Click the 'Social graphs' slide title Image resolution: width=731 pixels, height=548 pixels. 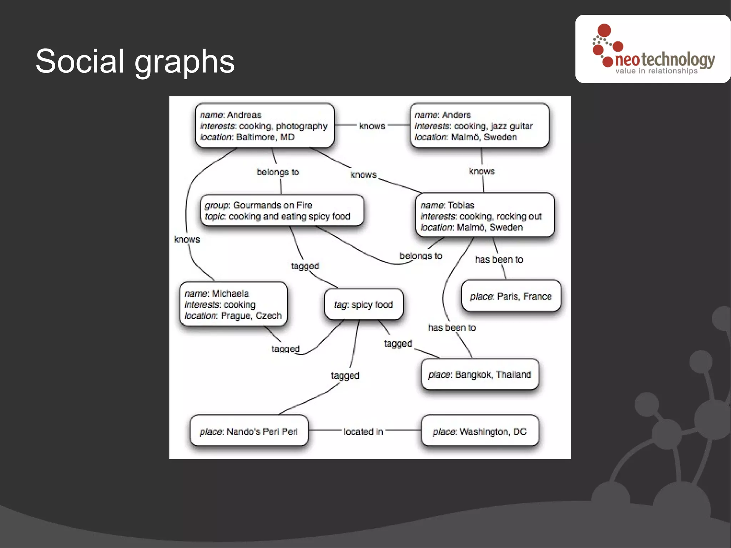[135, 61]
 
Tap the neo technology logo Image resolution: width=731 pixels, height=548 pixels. [653, 49]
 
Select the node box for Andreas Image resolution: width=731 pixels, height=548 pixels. [264, 125]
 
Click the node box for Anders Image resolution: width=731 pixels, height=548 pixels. [479, 125]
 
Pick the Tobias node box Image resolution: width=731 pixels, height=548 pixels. [485, 215]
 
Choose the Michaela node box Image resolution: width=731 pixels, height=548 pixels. [233, 304]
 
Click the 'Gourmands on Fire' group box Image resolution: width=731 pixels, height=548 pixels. [282, 210]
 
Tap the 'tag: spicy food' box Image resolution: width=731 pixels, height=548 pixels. [364, 305]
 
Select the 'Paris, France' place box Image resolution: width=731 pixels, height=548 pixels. [511, 296]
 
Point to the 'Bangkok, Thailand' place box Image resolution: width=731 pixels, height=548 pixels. [479, 374]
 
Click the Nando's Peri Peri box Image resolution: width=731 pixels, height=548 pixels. [249, 431]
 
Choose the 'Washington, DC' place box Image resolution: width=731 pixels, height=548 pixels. [479, 431]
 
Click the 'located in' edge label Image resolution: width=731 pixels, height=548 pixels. [363, 432]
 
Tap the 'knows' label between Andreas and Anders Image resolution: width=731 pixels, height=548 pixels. [372, 126]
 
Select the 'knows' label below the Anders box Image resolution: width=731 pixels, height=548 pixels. [482, 171]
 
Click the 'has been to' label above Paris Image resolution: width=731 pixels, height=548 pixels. [499, 260]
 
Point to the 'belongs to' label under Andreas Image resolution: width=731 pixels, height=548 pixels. [278, 172]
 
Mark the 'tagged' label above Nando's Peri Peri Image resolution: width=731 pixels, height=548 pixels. [345, 376]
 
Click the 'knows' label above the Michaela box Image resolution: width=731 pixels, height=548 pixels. [187, 239]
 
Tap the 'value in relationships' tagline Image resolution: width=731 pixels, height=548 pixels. [656, 71]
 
